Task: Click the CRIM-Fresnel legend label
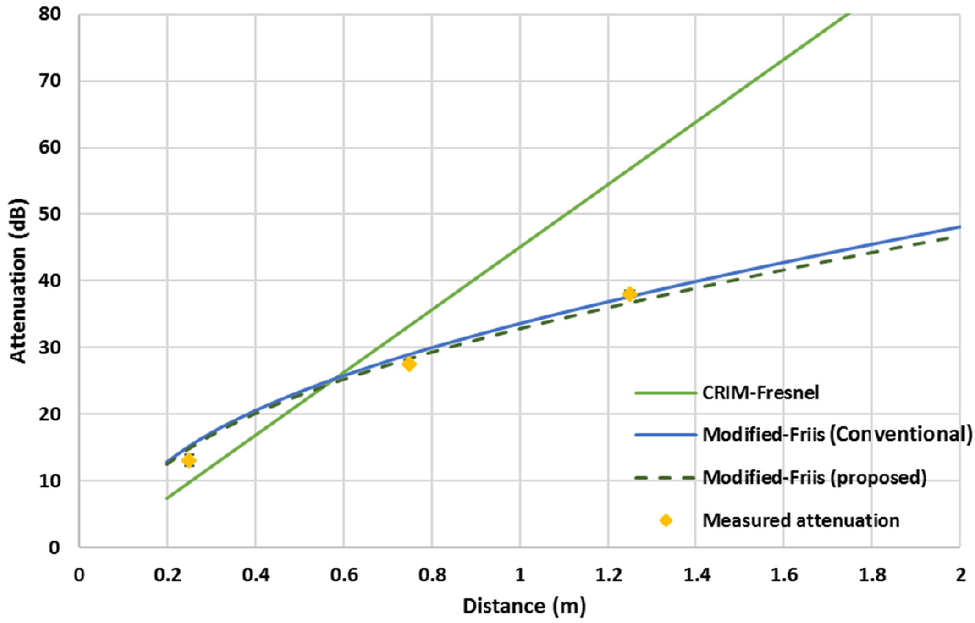click(x=760, y=393)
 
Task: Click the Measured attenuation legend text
click(x=801, y=521)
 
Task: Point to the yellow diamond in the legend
click(x=666, y=521)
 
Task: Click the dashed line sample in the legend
click(x=666, y=478)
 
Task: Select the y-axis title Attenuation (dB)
click(x=18, y=281)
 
